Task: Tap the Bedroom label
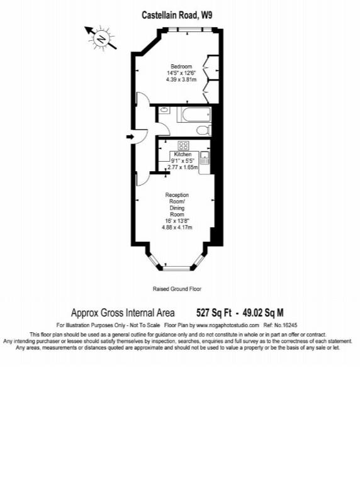(181, 66)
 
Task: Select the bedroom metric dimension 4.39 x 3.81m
(181, 80)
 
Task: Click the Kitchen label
(183, 154)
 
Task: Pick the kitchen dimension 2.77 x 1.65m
(183, 167)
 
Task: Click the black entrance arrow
(131, 136)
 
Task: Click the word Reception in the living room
(177, 195)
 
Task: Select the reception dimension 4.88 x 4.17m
(177, 228)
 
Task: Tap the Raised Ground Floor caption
(176, 289)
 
